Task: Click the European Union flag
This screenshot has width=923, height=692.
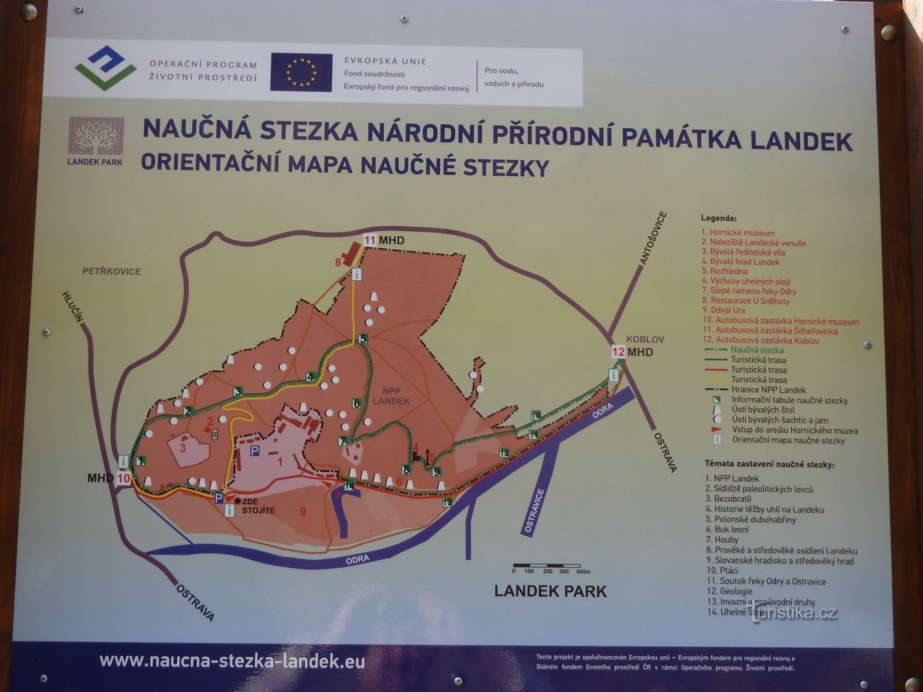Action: coord(301,72)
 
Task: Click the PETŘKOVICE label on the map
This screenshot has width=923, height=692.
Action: coord(112,271)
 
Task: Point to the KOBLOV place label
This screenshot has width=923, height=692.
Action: coord(645,340)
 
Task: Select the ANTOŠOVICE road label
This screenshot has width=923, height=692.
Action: coord(653,238)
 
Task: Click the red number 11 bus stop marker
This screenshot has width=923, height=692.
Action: coord(370,240)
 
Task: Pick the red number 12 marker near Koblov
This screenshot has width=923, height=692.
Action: coord(618,352)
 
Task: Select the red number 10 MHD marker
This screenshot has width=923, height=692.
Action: coord(124,478)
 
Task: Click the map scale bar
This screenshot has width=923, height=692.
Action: coord(547,566)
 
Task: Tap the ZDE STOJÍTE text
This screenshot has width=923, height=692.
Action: coord(258,506)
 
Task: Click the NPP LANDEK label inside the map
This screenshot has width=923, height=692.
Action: coord(391,396)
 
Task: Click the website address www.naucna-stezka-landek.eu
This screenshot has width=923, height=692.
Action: coord(232,661)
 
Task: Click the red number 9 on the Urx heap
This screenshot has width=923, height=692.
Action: coord(303,511)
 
